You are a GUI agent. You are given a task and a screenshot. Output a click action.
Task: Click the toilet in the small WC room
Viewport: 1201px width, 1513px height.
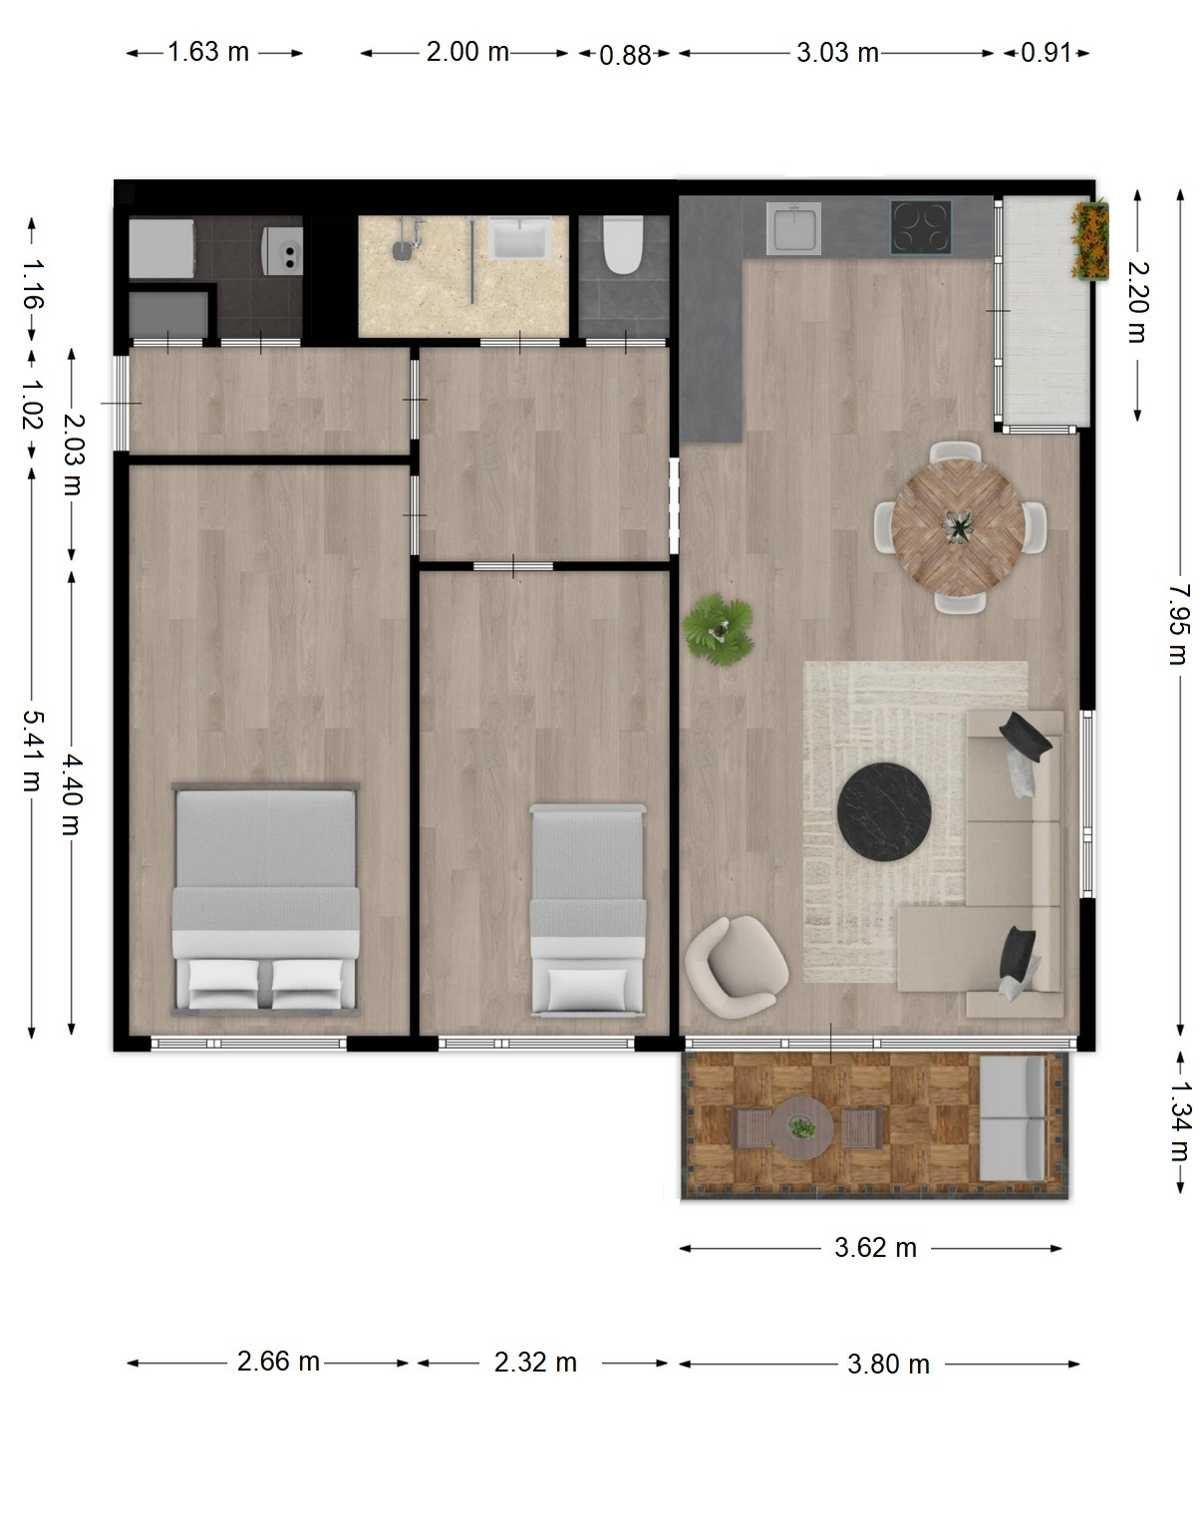pos(623,244)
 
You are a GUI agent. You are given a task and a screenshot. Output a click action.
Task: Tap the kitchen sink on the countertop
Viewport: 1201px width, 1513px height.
pos(794,228)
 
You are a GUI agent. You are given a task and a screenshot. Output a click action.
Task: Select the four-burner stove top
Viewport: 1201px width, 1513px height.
pos(921,227)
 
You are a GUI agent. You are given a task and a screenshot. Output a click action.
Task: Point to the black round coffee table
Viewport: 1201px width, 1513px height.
pos(885,811)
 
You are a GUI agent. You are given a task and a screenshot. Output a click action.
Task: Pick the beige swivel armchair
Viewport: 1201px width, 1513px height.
pos(737,967)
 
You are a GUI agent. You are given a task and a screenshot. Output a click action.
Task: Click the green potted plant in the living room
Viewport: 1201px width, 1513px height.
pos(719,629)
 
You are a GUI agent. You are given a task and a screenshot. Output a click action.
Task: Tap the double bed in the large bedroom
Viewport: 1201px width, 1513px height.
pos(266,899)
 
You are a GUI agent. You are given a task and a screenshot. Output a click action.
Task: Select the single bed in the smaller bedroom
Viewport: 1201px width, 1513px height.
pos(588,910)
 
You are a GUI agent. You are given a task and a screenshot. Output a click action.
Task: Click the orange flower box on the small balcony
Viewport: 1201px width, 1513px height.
pos(1090,240)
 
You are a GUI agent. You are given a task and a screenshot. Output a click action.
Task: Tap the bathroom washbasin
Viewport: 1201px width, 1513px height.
pos(519,237)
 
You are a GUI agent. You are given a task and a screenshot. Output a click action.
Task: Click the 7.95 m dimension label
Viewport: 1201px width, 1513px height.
pos(1178,624)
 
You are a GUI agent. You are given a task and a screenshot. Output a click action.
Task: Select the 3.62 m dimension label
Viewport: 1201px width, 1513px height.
pos(875,1248)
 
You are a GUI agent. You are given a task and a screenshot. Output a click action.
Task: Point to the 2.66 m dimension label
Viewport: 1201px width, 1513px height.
pos(278,1362)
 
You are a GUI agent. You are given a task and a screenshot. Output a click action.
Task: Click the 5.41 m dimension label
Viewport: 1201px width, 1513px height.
pos(32,751)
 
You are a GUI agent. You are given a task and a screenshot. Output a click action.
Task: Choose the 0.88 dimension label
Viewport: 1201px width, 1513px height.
pos(625,55)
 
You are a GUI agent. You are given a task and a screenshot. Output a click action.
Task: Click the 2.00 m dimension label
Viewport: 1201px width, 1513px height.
pos(467,51)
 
